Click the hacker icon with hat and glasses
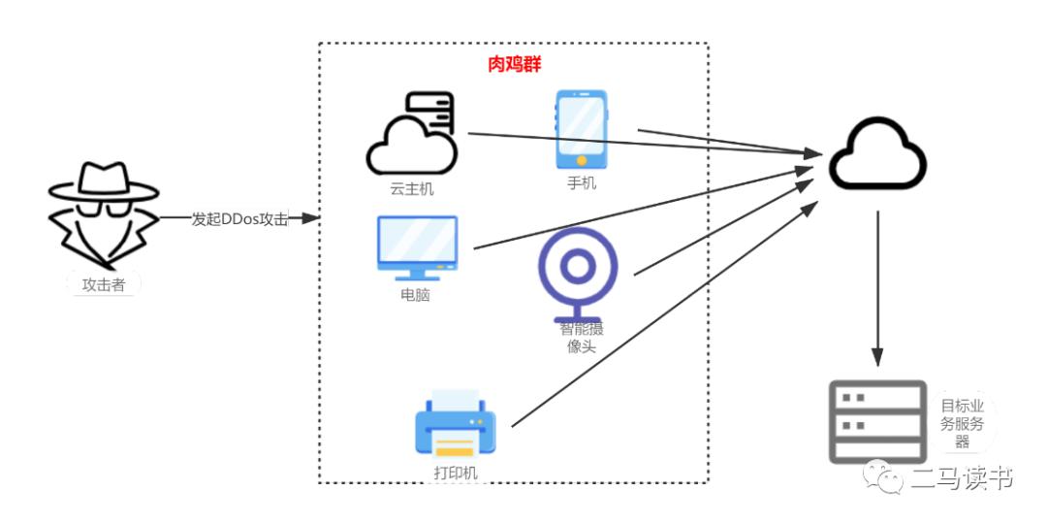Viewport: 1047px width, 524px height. [x=103, y=214]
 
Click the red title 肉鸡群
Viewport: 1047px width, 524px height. [x=514, y=65]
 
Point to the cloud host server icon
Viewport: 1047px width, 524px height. [x=412, y=133]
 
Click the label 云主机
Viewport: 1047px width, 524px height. [x=411, y=188]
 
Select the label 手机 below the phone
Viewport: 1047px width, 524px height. [x=582, y=182]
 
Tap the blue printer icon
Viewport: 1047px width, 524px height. [x=455, y=425]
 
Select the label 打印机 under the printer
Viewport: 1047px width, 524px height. [x=456, y=474]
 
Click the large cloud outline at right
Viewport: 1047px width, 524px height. [x=877, y=155]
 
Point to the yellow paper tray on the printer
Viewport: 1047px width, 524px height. [x=455, y=446]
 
